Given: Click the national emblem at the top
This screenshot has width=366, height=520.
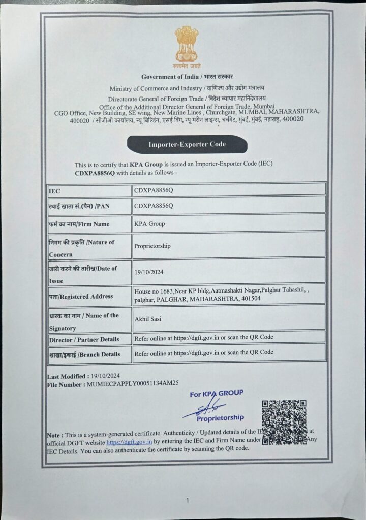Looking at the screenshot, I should tap(187, 46).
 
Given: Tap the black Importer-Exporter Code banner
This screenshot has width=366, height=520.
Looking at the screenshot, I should tap(187, 145).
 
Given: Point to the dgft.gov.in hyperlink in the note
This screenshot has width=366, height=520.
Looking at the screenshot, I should tap(129, 441).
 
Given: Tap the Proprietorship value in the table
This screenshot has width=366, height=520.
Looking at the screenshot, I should tap(152, 246).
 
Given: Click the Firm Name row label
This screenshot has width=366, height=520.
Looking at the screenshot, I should tap(79, 224).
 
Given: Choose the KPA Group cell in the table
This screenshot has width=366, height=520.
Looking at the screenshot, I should tap(149, 223).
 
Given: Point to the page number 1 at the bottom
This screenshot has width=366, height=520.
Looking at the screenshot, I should tap(187, 500).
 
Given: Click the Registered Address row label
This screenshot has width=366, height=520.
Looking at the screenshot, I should tap(81, 296).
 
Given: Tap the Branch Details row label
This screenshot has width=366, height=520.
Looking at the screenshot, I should tap(84, 354).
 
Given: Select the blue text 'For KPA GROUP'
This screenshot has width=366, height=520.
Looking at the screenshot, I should tap(216, 394).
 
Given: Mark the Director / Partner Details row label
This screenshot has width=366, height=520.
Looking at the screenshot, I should tap(84, 339).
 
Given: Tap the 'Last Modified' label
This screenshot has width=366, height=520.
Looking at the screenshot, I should tap(66, 377).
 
